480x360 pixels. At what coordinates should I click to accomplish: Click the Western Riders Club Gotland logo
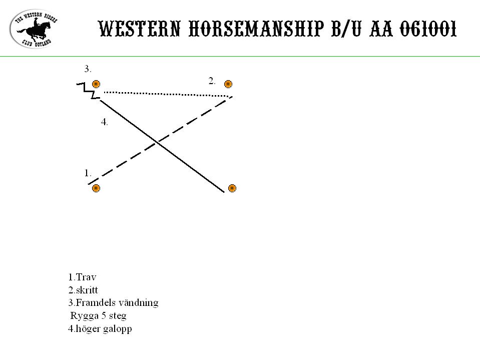pos(34,29)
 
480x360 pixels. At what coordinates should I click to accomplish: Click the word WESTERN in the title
pos(139,29)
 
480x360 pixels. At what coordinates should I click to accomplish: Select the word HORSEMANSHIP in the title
pos(256,29)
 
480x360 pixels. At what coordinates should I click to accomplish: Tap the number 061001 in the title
pos(428,29)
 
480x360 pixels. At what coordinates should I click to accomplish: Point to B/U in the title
pos(346,29)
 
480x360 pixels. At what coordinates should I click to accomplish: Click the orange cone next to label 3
pos(96,84)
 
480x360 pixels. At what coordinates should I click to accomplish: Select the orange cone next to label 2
pos(228,84)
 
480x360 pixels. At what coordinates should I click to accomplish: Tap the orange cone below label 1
pos(96,188)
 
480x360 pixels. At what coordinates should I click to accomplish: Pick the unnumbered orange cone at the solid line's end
pos(232,188)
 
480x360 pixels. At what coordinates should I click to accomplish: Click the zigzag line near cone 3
pos(89,91)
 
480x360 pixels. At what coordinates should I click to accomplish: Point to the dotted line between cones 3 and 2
pos(168,94)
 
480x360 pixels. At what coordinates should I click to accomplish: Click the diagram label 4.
pos(105,122)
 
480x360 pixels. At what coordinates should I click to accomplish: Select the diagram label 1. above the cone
pos(88,173)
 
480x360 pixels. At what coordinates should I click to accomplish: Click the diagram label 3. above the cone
pos(88,69)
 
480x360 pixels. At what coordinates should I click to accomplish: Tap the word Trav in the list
pos(86,277)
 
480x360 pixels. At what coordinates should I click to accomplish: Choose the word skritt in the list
pos(87,290)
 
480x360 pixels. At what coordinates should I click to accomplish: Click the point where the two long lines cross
pos(157,142)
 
